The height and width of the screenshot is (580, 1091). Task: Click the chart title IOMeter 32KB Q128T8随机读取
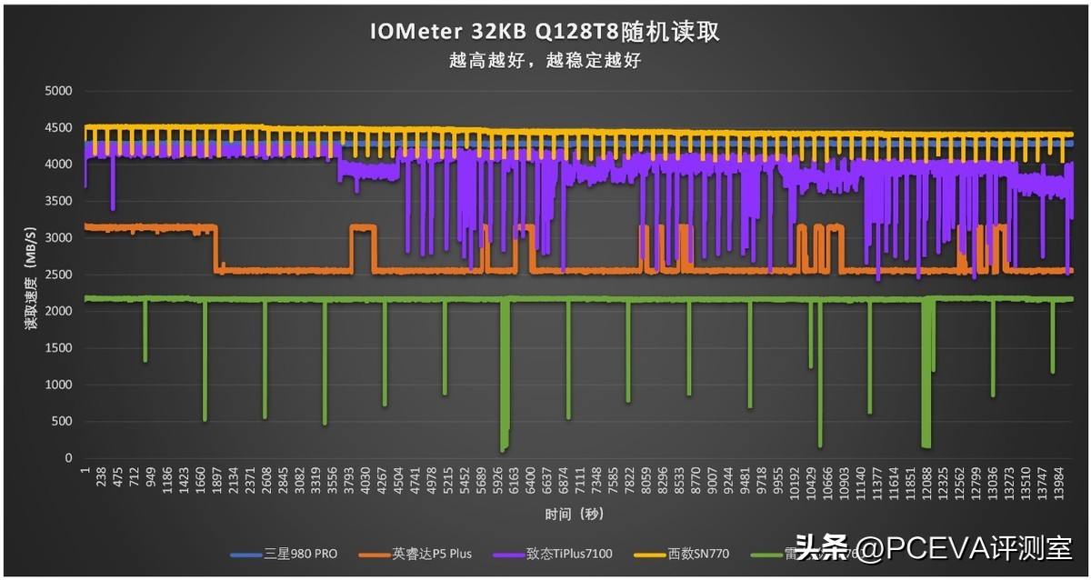(x=545, y=32)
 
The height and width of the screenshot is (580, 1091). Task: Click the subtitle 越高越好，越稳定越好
(x=545, y=61)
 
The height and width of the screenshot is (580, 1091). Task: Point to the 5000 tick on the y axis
(x=59, y=91)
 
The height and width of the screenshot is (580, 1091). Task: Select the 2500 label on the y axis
(x=59, y=275)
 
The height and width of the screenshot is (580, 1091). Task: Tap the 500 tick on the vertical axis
(x=63, y=421)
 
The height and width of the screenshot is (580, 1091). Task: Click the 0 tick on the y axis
(x=69, y=458)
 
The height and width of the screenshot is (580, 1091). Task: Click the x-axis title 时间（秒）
(x=574, y=515)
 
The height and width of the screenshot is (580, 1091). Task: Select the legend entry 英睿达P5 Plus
(x=432, y=553)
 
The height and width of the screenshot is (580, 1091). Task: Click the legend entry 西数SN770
(x=698, y=553)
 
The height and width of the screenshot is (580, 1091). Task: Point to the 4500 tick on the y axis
(x=59, y=127)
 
